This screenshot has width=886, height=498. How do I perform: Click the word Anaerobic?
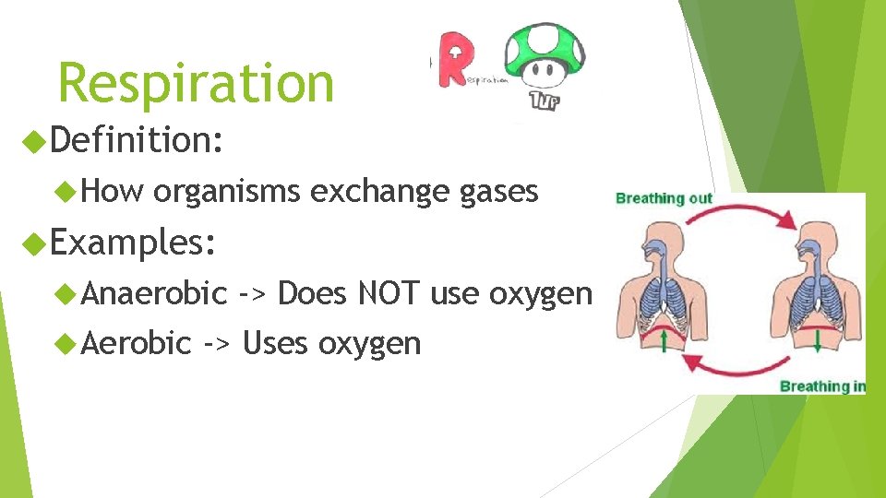tap(154, 293)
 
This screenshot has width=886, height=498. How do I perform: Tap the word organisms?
tap(226, 192)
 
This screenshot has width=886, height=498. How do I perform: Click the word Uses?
tap(275, 343)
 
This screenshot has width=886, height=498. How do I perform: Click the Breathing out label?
tap(664, 198)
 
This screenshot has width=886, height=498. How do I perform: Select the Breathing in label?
tap(821, 385)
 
